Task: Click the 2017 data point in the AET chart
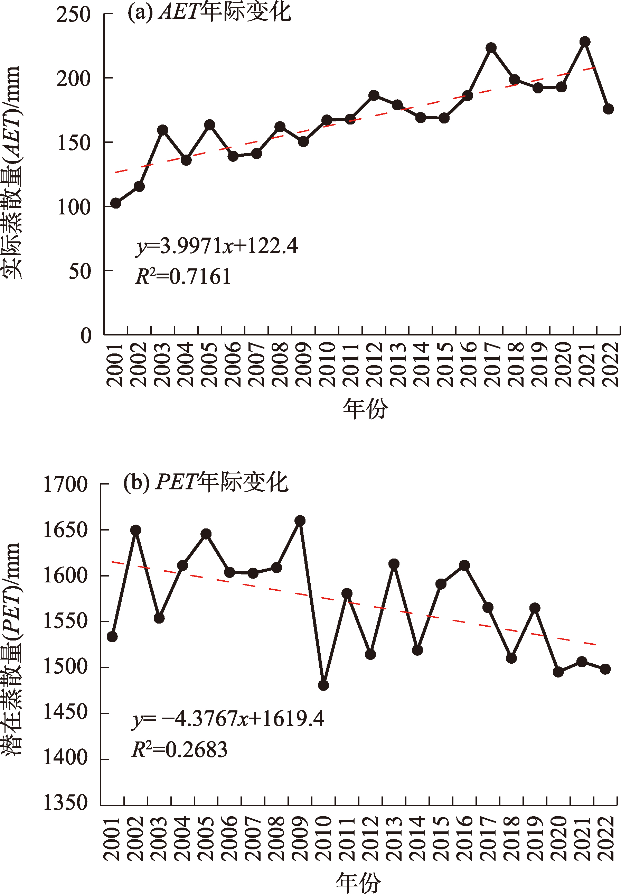tap(491, 48)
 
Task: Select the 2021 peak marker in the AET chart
tap(585, 42)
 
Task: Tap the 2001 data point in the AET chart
tap(115, 203)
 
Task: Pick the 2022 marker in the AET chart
tap(608, 109)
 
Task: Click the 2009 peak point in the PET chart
tap(300, 520)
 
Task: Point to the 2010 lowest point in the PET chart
tap(323, 685)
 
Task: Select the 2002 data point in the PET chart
tap(136, 530)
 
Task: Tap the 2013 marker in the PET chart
tap(394, 564)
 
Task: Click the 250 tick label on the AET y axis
tap(73, 15)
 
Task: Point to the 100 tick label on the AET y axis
tap(74, 207)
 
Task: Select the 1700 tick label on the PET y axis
tap(65, 485)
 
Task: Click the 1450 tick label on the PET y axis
tap(65, 712)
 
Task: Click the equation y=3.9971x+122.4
tap(217, 246)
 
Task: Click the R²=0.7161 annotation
tap(183, 277)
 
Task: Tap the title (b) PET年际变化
tap(205, 482)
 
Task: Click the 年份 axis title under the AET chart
tap(365, 408)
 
